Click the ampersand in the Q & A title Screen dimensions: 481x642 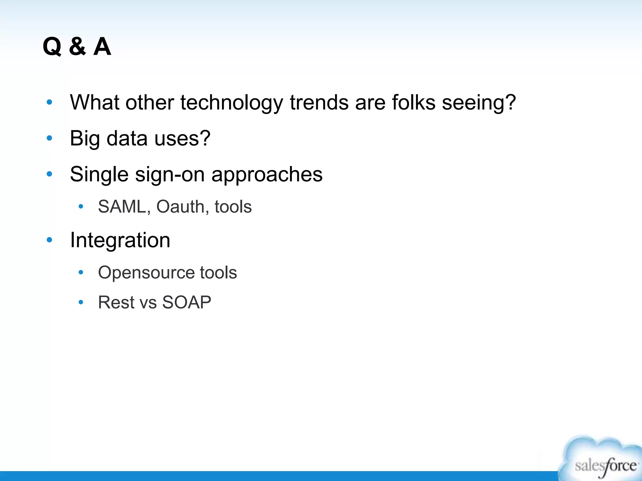point(77,47)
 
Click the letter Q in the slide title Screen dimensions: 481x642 point(52,47)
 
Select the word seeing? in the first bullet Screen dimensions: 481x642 point(479,102)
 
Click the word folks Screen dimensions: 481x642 point(413,102)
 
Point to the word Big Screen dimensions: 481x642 point(85,138)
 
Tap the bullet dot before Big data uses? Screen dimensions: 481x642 point(49,138)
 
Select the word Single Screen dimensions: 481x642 point(99,174)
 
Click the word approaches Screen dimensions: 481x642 point(267,174)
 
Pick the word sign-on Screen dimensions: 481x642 point(170,174)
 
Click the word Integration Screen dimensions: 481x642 point(120,240)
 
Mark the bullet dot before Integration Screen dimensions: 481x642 point(49,240)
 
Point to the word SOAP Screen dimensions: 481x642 point(187,303)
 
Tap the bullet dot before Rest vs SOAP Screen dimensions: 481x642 point(81,302)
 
